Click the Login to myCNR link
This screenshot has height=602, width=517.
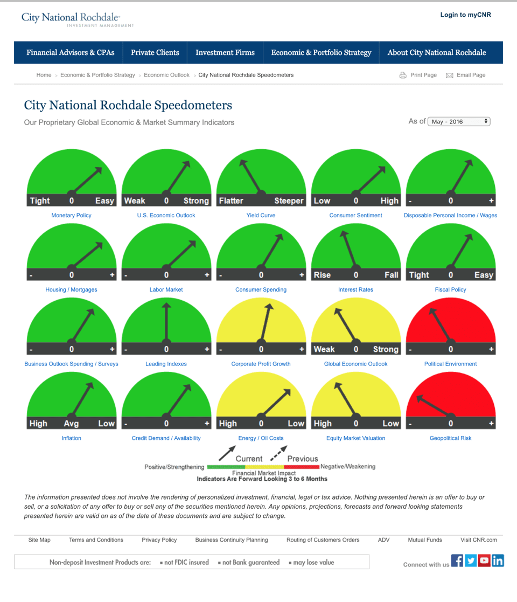coord(465,15)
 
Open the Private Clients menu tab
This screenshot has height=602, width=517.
coord(155,52)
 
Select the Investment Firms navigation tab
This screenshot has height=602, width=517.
coord(225,52)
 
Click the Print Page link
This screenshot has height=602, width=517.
coord(423,75)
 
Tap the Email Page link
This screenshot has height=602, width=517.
coord(470,75)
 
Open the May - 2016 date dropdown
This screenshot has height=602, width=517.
coord(459,122)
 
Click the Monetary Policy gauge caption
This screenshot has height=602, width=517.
coord(71,216)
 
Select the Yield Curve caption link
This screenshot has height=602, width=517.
coord(261,216)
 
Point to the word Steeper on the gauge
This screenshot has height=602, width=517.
coord(289,200)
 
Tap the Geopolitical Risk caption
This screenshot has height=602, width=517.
coord(450,438)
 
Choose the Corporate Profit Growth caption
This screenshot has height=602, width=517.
coord(261,364)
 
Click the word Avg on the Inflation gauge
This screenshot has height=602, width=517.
coord(71,424)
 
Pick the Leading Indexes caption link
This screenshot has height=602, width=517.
coord(166,364)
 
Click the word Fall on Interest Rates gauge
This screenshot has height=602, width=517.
coord(391,275)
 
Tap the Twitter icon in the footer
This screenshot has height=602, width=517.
coord(471,561)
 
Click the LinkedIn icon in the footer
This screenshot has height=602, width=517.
coord(498,561)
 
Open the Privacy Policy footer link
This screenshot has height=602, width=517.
coord(159,540)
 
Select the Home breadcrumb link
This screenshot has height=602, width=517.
coord(44,75)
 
